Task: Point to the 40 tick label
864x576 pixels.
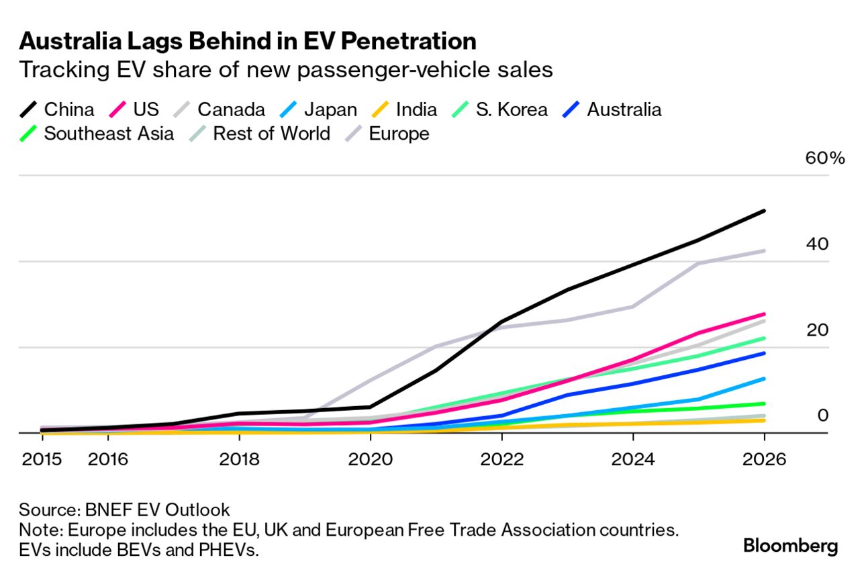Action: pyautogui.click(x=818, y=245)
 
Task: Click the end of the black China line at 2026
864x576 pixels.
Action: pyautogui.click(x=764, y=211)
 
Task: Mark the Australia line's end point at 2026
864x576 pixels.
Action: pyautogui.click(x=764, y=353)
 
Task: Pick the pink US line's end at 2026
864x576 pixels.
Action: pyautogui.click(x=764, y=314)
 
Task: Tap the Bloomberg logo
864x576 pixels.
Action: pyautogui.click(x=790, y=545)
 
